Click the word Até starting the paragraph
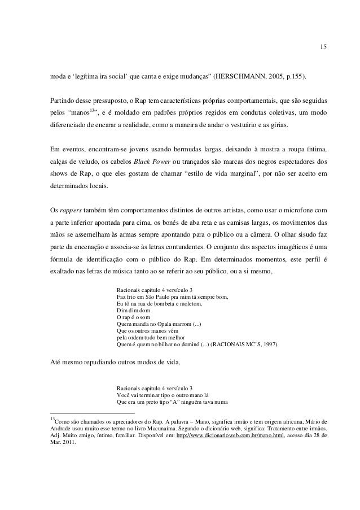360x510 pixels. (57, 363)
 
